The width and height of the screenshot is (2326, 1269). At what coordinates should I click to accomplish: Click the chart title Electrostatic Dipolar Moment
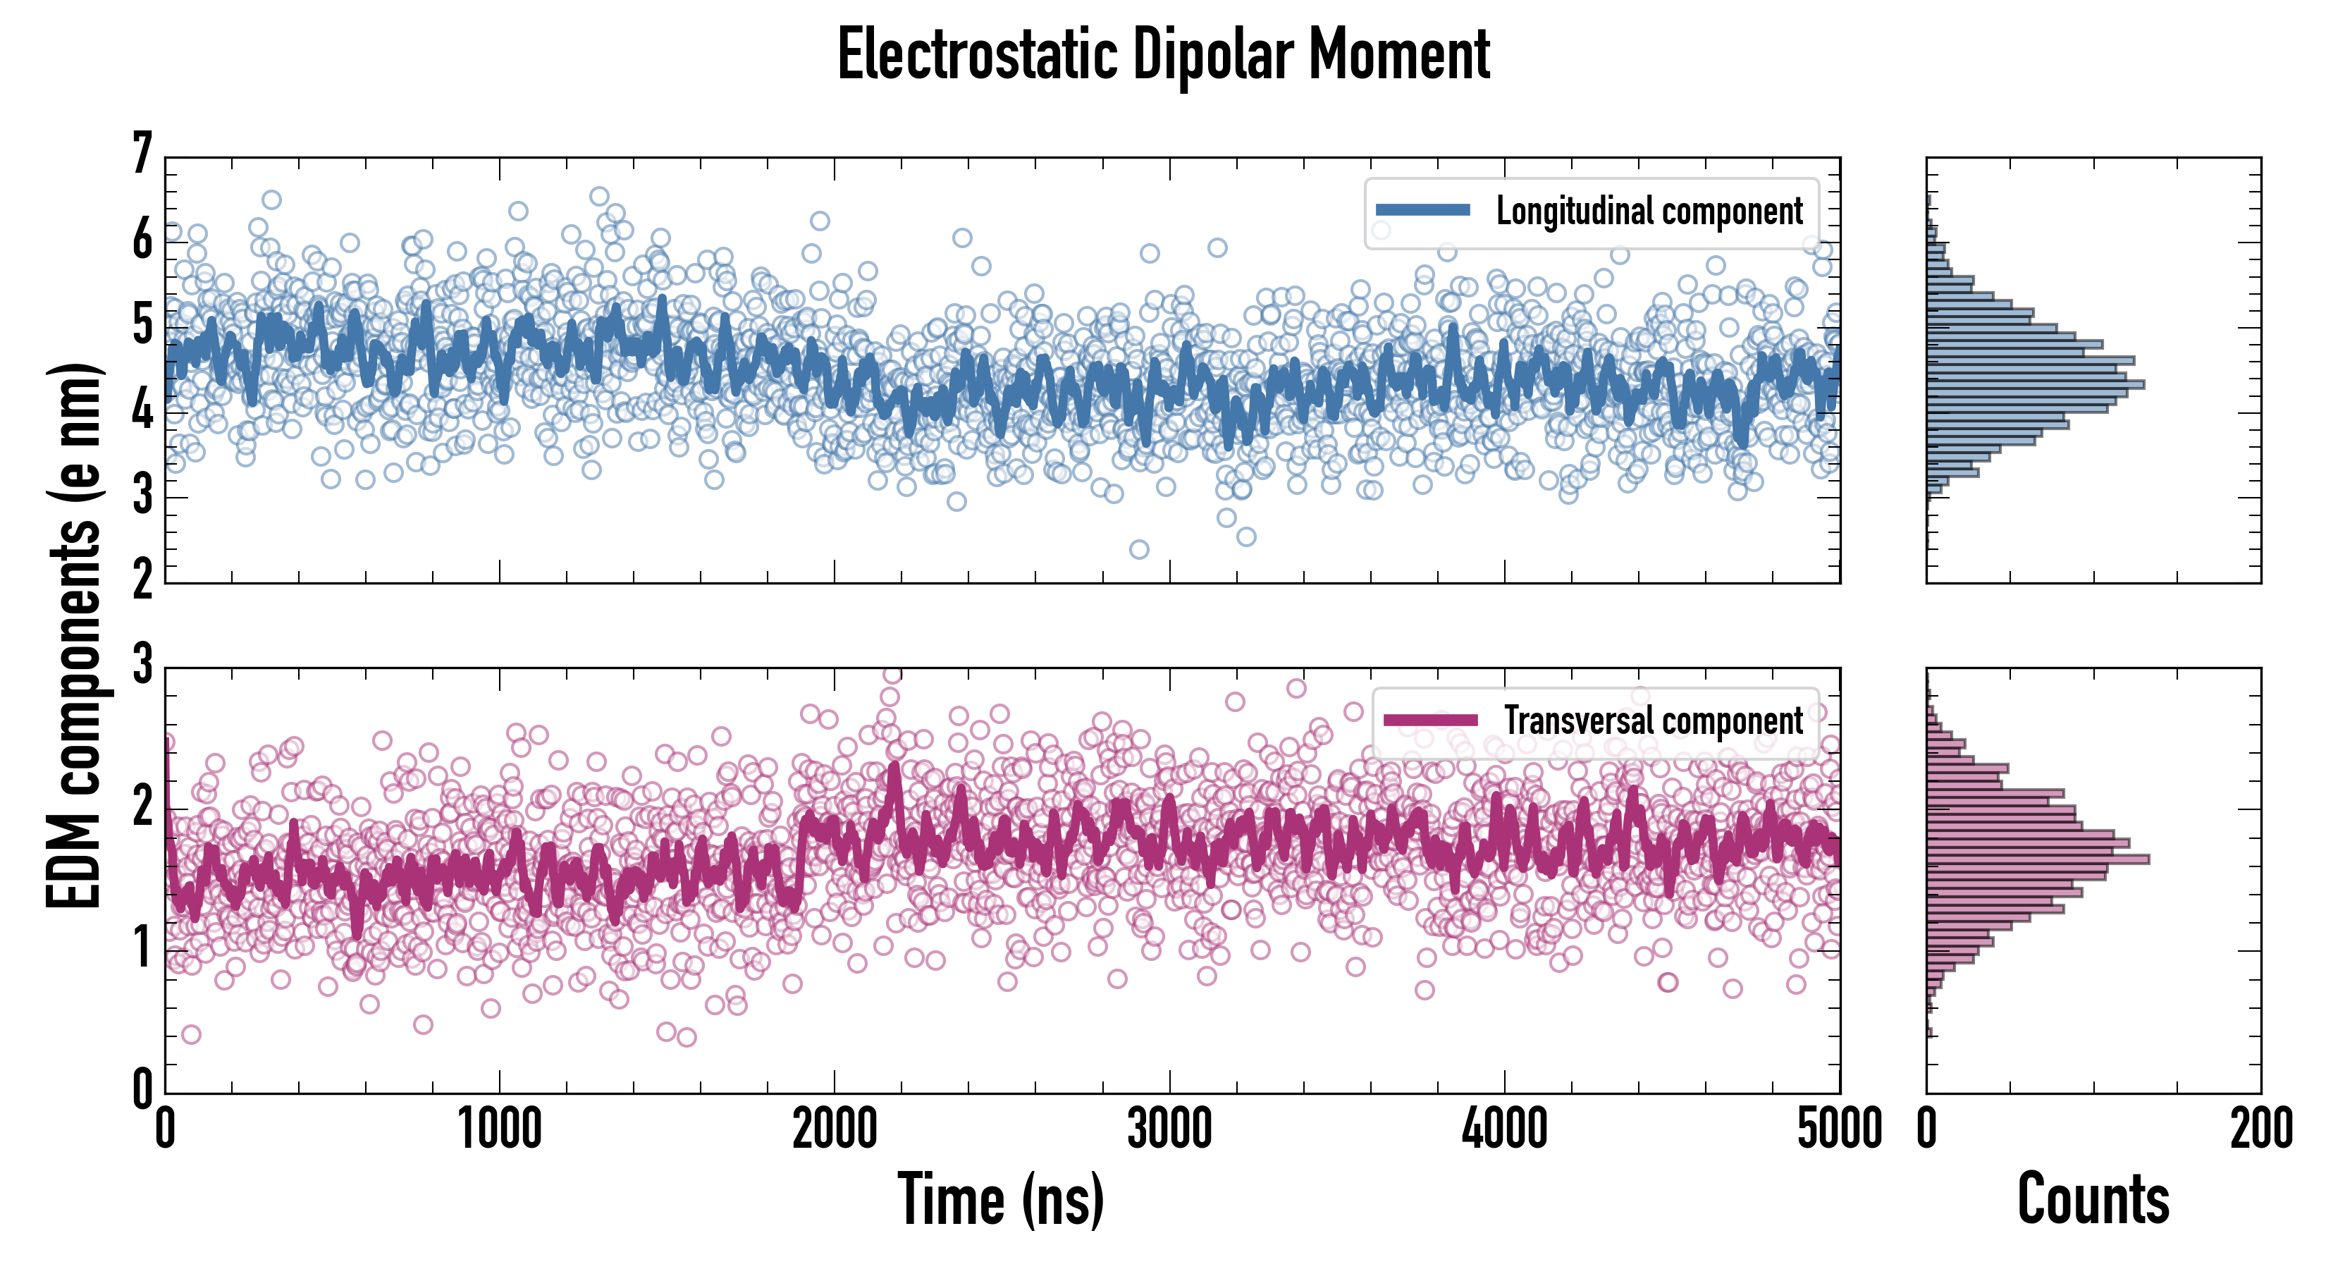click(1163, 55)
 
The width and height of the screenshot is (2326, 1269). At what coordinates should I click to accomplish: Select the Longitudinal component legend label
click(1649, 211)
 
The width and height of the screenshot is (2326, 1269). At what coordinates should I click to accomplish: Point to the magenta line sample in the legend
click(1430, 721)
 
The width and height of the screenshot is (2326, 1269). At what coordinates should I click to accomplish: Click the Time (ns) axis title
click(1000, 1199)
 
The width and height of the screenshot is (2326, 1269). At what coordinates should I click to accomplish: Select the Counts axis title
click(2093, 1199)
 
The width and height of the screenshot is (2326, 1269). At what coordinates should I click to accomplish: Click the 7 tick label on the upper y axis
click(142, 154)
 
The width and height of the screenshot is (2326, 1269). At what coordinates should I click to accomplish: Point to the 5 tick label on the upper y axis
click(142, 326)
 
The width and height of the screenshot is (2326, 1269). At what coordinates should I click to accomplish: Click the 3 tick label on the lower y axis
click(142, 666)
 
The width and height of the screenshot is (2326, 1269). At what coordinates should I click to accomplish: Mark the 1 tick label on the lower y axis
click(142, 949)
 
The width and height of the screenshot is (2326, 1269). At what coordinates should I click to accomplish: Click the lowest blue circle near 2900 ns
click(1140, 549)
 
